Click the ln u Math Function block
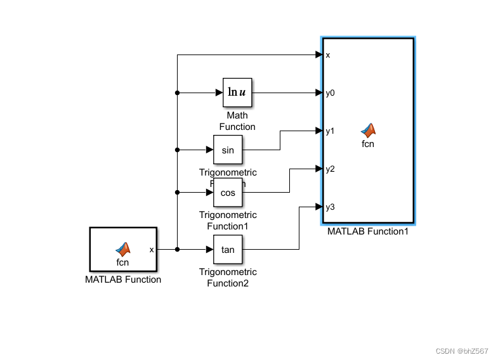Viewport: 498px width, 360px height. (x=237, y=93)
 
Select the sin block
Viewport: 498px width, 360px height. (x=228, y=150)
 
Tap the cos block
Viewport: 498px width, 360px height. (x=228, y=192)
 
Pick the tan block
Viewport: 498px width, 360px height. (x=228, y=249)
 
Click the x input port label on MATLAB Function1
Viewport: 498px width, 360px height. (x=328, y=55)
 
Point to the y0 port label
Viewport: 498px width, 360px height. (x=330, y=93)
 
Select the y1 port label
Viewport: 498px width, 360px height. (x=330, y=131)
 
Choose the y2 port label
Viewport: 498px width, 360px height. (x=330, y=169)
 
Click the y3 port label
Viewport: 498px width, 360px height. (x=330, y=207)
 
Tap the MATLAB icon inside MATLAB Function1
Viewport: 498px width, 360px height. (x=368, y=130)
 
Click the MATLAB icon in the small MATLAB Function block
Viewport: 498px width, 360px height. (x=122, y=249)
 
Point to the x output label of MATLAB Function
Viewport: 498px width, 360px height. (x=152, y=249)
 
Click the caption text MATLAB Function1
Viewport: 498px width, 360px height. (x=368, y=231)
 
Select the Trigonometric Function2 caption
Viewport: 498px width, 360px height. (x=228, y=278)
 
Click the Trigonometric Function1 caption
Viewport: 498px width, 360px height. (x=228, y=221)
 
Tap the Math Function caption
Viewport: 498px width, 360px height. (x=237, y=121)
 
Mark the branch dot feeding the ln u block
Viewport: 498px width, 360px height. (x=177, y=93)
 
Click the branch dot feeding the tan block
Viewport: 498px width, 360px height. (x=177, y=249)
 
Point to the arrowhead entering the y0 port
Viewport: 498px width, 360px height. (x=320, y=93)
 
